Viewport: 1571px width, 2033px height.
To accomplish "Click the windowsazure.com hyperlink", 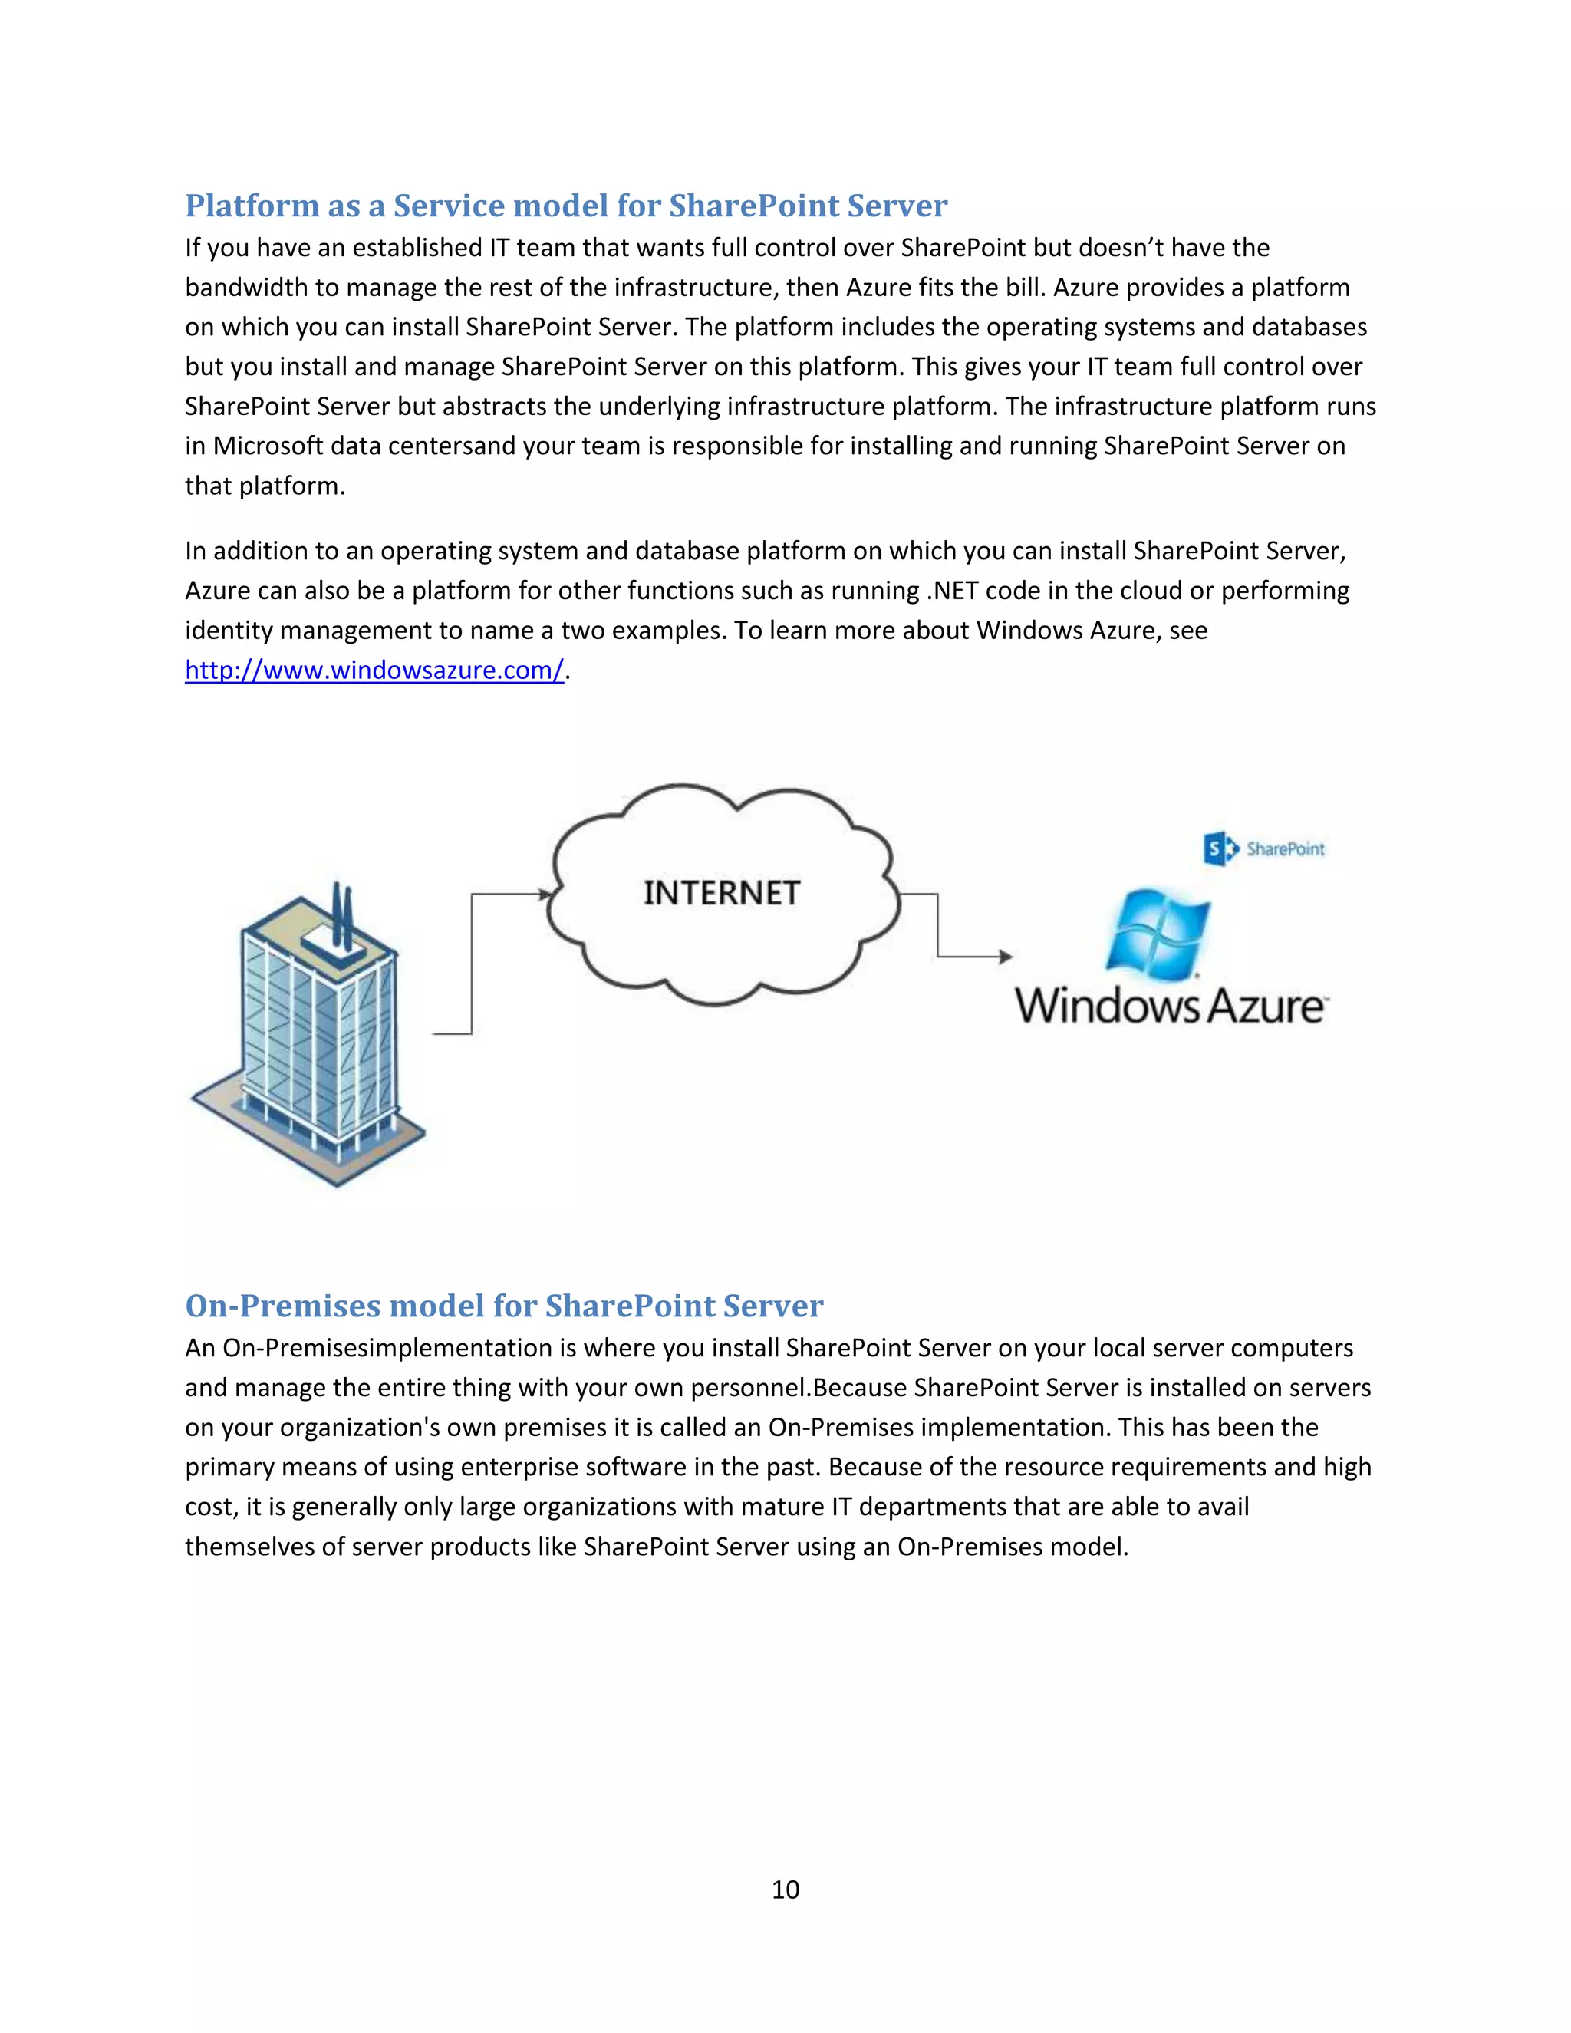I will coord(374,671).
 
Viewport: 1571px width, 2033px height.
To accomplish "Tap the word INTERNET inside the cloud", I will coord(721,894).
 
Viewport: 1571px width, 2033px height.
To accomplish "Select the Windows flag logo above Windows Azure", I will coord(1157,934).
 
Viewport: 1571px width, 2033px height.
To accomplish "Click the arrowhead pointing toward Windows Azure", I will coord(1005,956).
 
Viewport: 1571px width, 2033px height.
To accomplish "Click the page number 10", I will coord(785,1889).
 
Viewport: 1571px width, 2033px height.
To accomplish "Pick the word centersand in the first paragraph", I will coord(453,446).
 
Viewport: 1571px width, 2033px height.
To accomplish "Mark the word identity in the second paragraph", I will coord(228,631).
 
